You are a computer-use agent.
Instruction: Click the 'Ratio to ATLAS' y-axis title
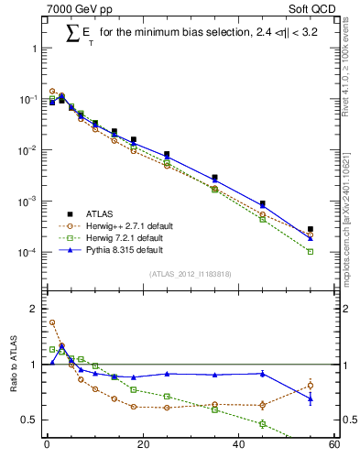[12, 363]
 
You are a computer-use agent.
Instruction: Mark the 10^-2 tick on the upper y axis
[27, 149]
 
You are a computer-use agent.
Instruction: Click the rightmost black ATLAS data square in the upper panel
[311, 229]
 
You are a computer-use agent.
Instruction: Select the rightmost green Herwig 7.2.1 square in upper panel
[311, 251]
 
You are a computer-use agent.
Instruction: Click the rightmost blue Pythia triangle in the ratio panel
[311, 398]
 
